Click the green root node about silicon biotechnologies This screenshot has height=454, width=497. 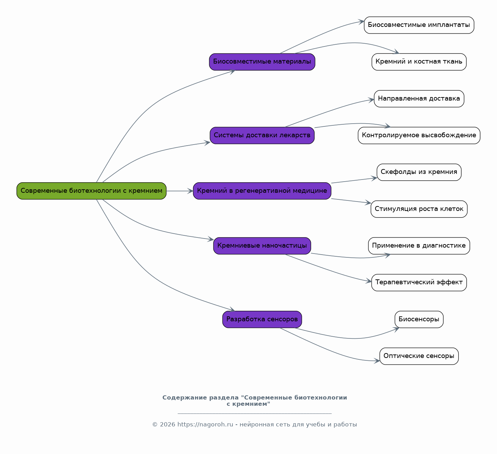click(x=92, y=191)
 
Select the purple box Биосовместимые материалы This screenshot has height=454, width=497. click(x=262, y=62)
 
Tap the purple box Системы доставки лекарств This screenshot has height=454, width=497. click(x=262, y=135)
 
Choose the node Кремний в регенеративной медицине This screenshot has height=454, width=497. click(x=262, y=191)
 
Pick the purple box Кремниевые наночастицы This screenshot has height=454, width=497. click(x=262, y=246)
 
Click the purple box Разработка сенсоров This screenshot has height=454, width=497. click(x=262, y=319)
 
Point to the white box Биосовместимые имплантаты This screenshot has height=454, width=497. click(x=419, y=25)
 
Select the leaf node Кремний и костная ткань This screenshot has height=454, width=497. click(x=419, y=62)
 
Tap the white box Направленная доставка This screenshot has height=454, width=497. click(x=419, y=98)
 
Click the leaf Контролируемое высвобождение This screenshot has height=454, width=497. click(x=419, y=135)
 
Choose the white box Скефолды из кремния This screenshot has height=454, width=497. click(x=419, y=172)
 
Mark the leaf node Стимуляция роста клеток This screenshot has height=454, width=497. click(x=419, y=209)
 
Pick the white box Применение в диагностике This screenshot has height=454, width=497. click(x=419, y=246)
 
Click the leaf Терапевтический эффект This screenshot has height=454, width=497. click(x=419, y=283)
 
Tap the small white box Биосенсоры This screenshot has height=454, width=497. click(x=419, y=319)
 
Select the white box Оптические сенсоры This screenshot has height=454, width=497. click(x=419, y=356)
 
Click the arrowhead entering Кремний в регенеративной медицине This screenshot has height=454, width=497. click(x=190, y=191)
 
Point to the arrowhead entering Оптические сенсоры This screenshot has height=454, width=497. click(x=377, y=361)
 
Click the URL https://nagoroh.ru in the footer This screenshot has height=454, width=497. click(x=205, y=424)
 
